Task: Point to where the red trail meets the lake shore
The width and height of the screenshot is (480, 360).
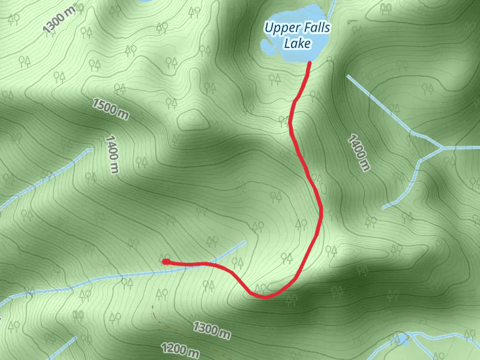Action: pyautogui.click(x=309, y=62)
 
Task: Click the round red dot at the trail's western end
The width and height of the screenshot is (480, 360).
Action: pyautogui.click(x=165, y=262)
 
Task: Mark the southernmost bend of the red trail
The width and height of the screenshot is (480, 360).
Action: pyautogui.click(x=264, y=296)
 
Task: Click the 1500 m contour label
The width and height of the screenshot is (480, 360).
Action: pyautogui.click(x=110, y=109)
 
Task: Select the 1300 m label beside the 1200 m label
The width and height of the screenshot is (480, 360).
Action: pyautogui.click(x=211, y=329)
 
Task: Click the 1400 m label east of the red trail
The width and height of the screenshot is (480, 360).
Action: pyautogui.click(x=357, y=153)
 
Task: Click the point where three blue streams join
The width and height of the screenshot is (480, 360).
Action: pyautogui.click(x=442, y=147)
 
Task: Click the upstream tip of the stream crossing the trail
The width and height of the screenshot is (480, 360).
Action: pyautogui.click(x=245, y=242)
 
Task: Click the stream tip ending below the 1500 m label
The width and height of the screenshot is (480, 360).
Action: pyautogui.click(x=90, y=149)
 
